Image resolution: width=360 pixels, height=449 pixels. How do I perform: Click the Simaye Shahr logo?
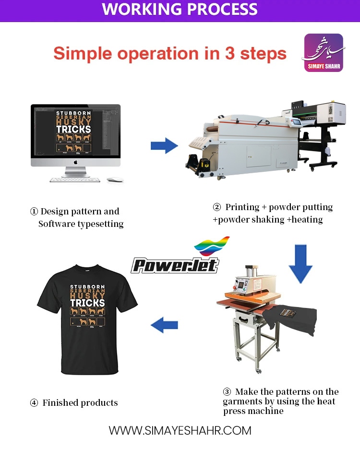(x=324, y=53)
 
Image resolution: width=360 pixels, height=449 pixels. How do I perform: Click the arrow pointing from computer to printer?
(x=164, y=144)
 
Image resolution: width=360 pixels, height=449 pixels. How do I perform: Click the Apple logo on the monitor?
(x=75, y=163)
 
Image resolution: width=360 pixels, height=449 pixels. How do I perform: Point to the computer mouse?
(x=115, y=180)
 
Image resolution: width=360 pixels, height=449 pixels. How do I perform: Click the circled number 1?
(x=34, y=212)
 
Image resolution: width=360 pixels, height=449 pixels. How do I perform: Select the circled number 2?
(x=217, y=208)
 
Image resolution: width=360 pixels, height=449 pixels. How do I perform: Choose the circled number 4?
(x=34, y=403)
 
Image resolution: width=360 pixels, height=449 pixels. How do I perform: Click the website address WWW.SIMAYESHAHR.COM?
(x=180, y=430)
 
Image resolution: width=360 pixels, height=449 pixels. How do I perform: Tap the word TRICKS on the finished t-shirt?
(x=87, y=303)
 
